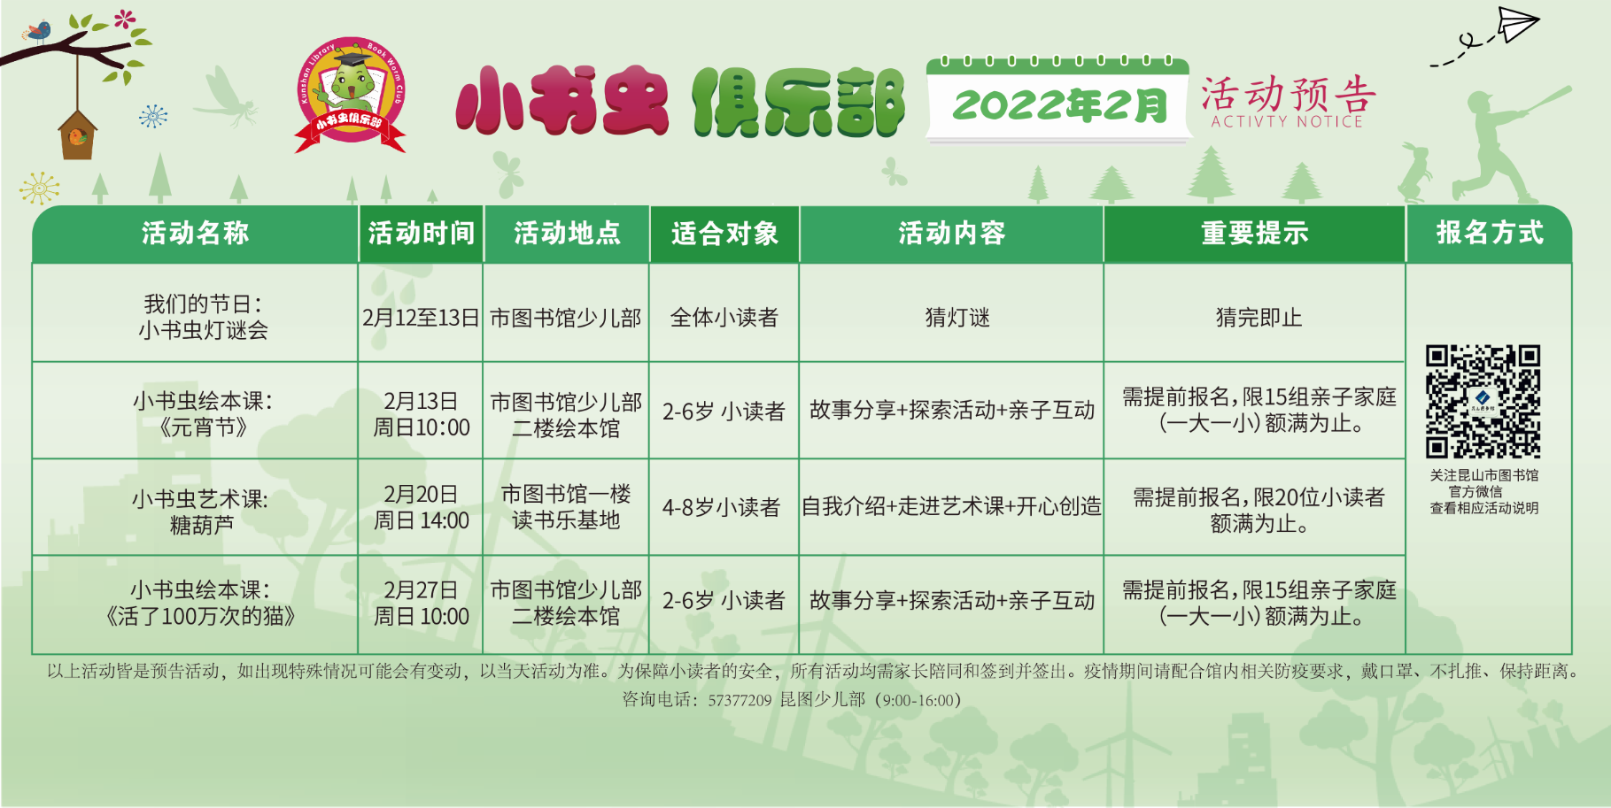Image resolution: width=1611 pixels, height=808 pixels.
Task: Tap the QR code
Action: pyautogui.click(x=1483, y=401)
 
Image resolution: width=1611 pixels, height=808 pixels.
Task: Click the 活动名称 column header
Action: pyautogui.click(x=195, y=234)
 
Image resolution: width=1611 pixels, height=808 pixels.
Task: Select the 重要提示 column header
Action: pyautogui.click(x=1254, y=234)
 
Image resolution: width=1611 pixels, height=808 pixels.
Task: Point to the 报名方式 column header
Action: pyautogui.click(x=1489, y=233)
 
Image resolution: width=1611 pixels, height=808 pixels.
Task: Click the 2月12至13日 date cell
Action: pyautogui.click(x=421, y=318)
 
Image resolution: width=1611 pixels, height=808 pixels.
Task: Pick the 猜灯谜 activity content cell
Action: pyautogui.click(x=957, y=318)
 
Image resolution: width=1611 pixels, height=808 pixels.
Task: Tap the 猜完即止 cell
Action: pyautogui.click(x=1259, y=318)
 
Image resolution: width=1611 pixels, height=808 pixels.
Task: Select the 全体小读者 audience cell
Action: pyautogui.click(x=724, y=318)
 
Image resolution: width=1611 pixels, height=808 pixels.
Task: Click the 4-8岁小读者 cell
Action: pyautogui.click(x=721, y=507)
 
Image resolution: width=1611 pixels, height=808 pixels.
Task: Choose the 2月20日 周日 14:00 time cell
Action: pyautogui.click(x=421, y=507)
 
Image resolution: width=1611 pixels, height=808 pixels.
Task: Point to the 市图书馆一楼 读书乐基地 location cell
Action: pyautogui.click(x=566, y=507)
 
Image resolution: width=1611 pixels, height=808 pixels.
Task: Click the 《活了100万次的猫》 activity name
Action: pyautogui.click(x=200, y=616)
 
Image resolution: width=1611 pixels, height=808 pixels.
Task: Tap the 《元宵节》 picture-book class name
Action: pyautogui.click(x=203, y=427)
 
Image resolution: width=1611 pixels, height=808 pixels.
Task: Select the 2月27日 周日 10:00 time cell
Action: pyautogui.click(x=421, y=603)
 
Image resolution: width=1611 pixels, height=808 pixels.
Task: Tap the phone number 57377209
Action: pyautogui.click(x=740, y=700)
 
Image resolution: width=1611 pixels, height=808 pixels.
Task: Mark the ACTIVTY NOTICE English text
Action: pyautogui.click(x=1287, y=122)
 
